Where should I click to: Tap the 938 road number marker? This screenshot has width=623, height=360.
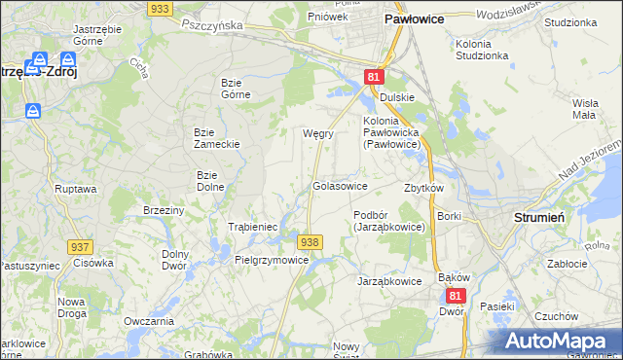click(x=310, y=242)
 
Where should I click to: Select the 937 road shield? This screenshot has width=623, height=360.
click(x=80, y=249)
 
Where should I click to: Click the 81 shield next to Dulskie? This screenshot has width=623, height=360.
click(x=376, y=77)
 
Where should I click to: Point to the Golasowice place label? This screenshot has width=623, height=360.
click(x=339, y=186)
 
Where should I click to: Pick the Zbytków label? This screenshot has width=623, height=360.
click(x=423, y=188)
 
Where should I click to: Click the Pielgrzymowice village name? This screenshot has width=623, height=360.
click(x=272, y=261)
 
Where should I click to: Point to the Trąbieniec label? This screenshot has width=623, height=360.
click(x=253, y=227)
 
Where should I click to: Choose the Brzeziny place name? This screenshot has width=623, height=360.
click(x=164, y=210)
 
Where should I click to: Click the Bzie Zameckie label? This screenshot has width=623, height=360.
click(x=216, y=137)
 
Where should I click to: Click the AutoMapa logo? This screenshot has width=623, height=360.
click(x=559, y=341)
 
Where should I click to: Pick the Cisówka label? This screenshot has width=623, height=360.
click(x=93, y=263)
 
